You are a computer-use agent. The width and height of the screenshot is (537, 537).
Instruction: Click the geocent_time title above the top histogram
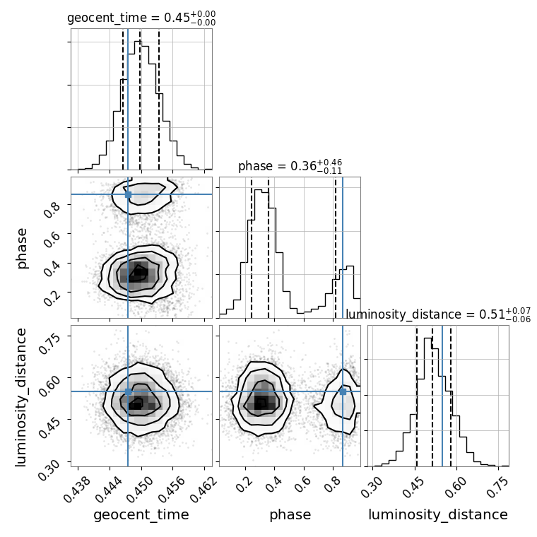(141, 18)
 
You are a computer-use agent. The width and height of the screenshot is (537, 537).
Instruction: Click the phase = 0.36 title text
(290, 167)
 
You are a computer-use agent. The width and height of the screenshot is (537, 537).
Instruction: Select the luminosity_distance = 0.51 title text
(438, 314)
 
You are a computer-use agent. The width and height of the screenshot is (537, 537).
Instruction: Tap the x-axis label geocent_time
(141, 515)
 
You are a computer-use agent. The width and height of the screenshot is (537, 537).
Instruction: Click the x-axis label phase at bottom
(290, 515)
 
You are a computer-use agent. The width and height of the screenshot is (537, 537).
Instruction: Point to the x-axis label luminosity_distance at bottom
(438, 515)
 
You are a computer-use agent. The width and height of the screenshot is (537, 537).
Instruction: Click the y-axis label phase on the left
(22, 247)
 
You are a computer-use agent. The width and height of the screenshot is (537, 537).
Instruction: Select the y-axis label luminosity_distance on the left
(22, 396)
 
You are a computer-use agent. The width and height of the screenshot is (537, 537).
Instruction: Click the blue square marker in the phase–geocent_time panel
(128, 194)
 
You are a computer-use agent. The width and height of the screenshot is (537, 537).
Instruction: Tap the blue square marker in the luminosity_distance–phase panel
(343, 391)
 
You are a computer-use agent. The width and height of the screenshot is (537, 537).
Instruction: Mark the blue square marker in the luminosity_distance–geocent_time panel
(128, 391)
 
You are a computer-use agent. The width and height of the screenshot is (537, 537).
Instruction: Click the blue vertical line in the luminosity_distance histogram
(442, 396)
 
